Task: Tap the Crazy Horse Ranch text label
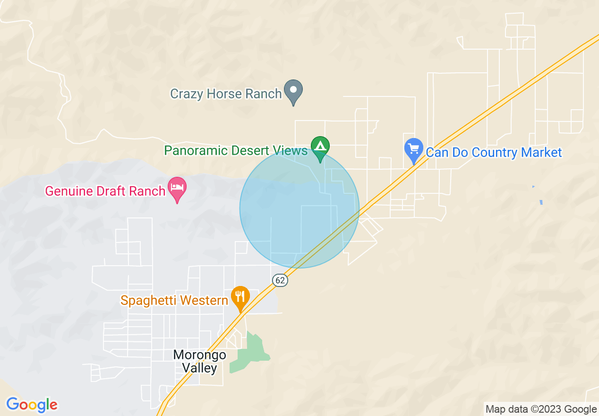[226, 94]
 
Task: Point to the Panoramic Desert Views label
[236, 151]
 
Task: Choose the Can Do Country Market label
[494, 152]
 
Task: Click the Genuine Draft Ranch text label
[105, 191]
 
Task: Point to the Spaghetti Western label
[174, 300]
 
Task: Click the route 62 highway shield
[280, 280]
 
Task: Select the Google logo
[32, 405]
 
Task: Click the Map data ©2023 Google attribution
[541, 409]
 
